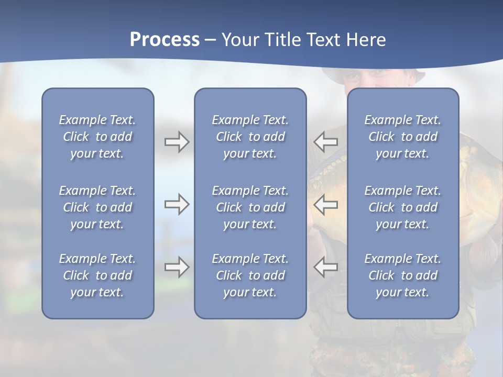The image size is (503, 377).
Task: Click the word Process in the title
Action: pos(165,40)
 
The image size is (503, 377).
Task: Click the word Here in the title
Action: pos(366,40)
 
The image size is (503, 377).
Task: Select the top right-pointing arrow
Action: pos(177,142)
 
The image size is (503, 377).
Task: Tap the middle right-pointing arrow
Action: pos(177,204)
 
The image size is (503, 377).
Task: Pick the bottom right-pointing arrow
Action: pos(177,267)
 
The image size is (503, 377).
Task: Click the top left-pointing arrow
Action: pos(325,142)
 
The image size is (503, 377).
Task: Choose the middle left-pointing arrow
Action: pos(325,204)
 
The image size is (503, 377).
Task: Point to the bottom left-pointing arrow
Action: pos(325,267)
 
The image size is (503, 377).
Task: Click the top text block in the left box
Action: pos(97,137)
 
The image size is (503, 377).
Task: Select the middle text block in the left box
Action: pos(97,207)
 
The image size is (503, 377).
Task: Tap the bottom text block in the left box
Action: pos(97,275)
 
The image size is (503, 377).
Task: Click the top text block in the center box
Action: pos(250,137)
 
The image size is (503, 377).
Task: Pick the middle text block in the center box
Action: pos(250,207)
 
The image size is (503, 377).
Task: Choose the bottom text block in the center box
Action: pos(250,275)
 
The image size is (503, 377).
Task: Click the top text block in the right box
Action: pos(402,137)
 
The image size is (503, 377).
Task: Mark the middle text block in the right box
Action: pos(402,207)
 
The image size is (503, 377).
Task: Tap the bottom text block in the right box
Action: pos(402,275)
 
